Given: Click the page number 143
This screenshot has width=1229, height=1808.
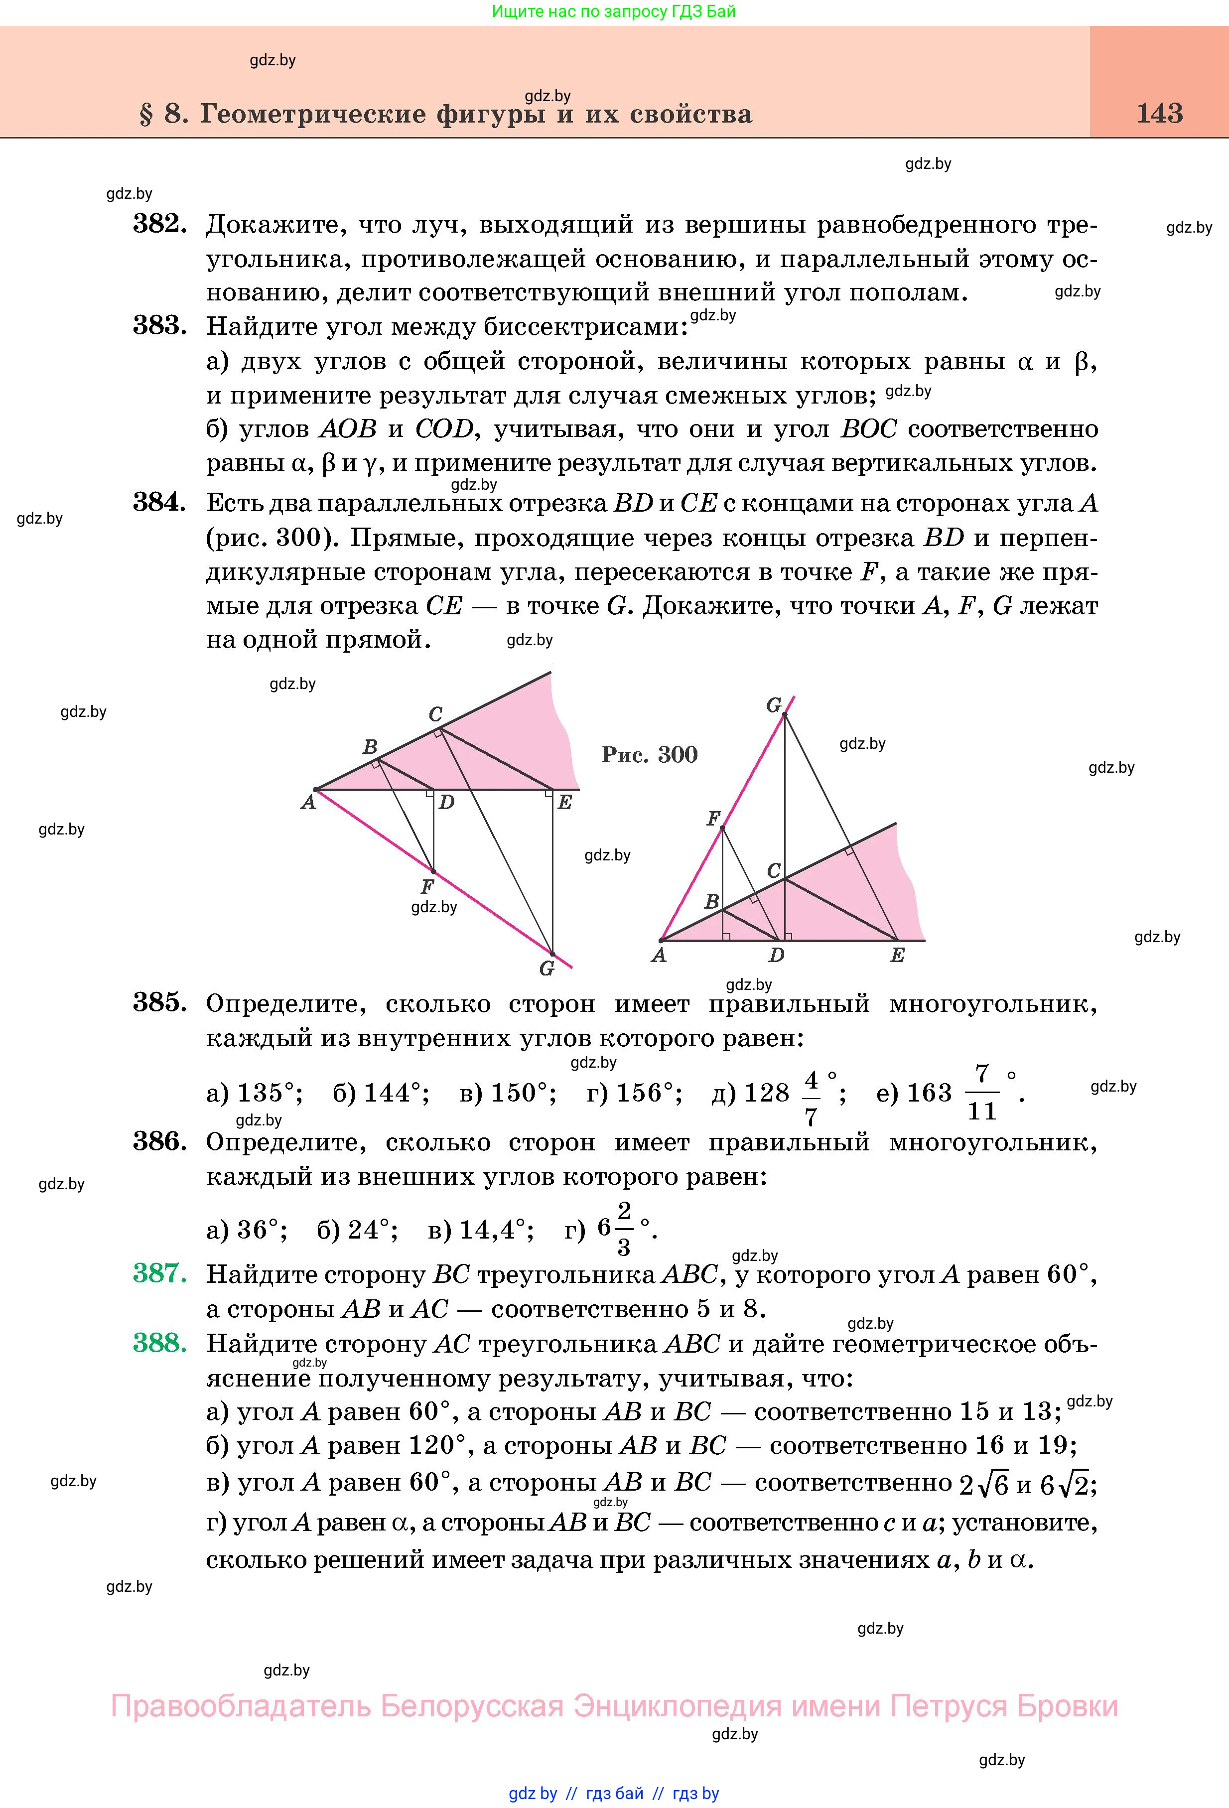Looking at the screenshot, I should pos(1159,114).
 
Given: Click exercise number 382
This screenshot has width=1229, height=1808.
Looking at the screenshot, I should pos(159,224).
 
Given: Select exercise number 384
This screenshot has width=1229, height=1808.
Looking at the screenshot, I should pos(159,503).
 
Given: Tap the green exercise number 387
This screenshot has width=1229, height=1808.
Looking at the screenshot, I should pos(159,1273).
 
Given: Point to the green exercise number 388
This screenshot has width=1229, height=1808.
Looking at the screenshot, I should pos(159,1343).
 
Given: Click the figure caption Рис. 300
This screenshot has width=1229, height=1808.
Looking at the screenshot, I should pos(650,755).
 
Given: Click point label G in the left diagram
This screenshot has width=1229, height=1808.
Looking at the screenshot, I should pos(547,969).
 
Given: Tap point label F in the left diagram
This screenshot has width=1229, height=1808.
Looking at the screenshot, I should pos(427,886).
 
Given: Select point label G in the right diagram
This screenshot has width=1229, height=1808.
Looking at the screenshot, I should pos(773,705).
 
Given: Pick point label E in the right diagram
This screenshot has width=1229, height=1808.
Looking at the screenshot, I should pos(897,956).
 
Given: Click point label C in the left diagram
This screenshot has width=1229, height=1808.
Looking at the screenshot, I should pos(435,713).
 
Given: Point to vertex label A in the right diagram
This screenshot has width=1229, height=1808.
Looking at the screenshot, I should pos(659,956).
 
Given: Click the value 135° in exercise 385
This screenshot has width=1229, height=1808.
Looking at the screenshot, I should pos(269,1093).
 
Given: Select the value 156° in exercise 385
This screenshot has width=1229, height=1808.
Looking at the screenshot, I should pos(649,1093).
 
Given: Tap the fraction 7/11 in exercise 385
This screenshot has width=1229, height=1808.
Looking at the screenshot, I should pos(981,1093).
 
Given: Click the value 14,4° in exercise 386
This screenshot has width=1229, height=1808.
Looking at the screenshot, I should pos(496,1230).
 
